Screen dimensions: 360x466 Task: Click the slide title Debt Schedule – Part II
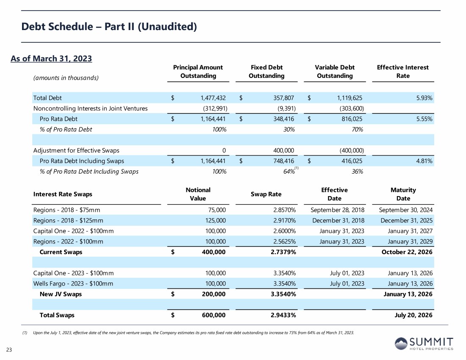[109, 27]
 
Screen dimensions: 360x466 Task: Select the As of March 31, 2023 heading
[51, 58]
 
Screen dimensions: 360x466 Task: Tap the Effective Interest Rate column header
[402, 71]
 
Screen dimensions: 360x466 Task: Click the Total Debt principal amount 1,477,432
[213, 98]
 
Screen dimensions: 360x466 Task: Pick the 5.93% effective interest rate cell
[424, 98]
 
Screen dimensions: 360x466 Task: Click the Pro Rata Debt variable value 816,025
[349, 119]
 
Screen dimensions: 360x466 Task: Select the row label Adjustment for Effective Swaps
[76, 150]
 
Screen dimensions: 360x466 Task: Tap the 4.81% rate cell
[424, 161]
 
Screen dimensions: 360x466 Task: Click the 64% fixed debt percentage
[289, 172]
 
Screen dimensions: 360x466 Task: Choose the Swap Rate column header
[265, 194]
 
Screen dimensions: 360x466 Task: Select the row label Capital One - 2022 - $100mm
[73, 231]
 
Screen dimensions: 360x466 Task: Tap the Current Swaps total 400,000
[212, 252]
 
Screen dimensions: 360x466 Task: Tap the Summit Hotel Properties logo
[424, 343]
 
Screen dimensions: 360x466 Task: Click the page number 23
[9, 349]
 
